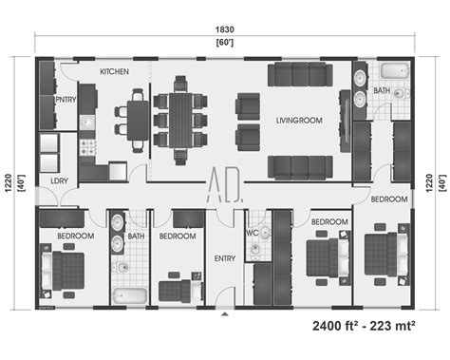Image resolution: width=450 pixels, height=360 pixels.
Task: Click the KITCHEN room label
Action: coord(114,71)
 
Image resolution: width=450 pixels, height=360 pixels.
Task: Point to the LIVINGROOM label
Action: coord(299,121)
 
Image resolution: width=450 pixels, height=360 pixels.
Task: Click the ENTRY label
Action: coord(225,257)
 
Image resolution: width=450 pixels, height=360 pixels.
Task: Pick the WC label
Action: coord(253,232)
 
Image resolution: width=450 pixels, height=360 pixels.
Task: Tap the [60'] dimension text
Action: coord(225,44)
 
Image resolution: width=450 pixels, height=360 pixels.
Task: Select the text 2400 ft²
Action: coord(346,326)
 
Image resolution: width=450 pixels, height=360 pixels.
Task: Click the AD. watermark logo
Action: coord(225,183)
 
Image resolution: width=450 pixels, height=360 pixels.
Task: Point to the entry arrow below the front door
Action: coord(225,313)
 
